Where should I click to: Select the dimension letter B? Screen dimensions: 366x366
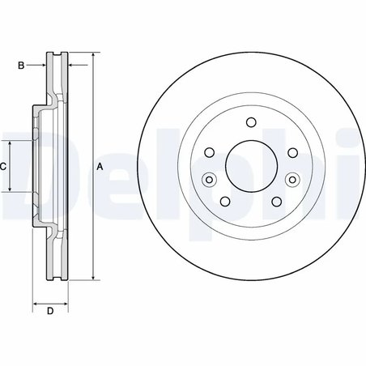pyautogui.click(x=21, y=64)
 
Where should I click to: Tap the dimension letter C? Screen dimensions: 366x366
pyautogui.click(x=3, y=166)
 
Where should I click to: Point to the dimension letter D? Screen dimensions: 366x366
pyautogui.click(x=49, y=311)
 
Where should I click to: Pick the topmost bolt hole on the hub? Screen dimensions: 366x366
pyautogui.click(x=249, y=123)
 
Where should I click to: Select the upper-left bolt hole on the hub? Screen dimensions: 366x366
pyautogui.click(x=209, y=151)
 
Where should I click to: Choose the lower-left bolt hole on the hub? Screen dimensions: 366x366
pyautogui.click(x=224, y=201)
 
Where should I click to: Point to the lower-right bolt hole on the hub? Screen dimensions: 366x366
pyautogui.click(x=274, y=201)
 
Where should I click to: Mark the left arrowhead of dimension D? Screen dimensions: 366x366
pyautogui.click(x=35, y=304)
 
